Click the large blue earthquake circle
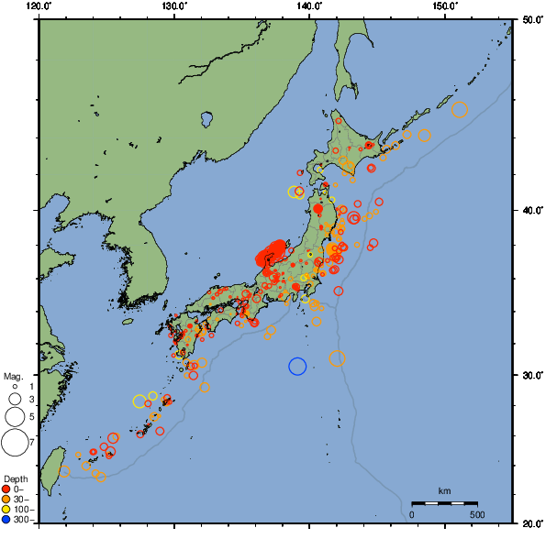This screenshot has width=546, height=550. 297,366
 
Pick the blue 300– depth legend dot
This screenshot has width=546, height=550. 6,520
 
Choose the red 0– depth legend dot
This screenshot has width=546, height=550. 6,489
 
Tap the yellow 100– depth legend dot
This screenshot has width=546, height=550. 6,510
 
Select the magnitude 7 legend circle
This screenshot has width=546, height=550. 14,443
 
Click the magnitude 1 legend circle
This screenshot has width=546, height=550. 14,387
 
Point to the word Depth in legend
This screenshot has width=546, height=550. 16,478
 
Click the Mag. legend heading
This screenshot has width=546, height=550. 13,376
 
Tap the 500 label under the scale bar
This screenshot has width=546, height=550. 477,514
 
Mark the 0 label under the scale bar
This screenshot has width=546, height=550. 412,514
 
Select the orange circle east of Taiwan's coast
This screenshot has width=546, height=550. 65,471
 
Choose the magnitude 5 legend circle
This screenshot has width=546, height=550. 14,417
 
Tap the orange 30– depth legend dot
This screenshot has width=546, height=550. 6,500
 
